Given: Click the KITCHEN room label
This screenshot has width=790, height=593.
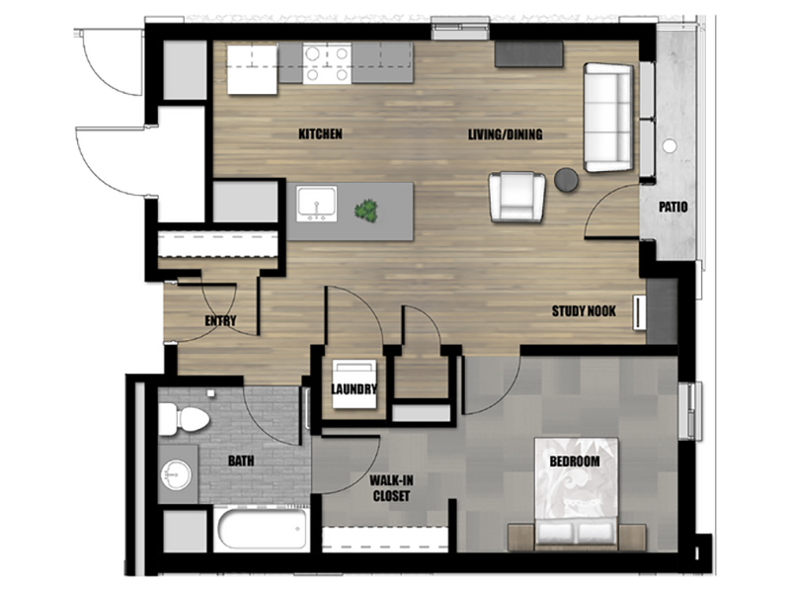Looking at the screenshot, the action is coord(320,134).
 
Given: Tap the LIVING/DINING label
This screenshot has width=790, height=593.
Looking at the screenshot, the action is coord(506,134).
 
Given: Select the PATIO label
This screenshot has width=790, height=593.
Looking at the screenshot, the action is coord(673,207).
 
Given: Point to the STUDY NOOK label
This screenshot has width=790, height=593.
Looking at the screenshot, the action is coord(584,311).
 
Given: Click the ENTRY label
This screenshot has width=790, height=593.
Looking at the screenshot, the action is coord(220,320).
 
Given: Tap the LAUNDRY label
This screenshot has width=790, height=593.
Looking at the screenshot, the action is coord(355,388).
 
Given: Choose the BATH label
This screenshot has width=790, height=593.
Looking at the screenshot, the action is coord(241,461).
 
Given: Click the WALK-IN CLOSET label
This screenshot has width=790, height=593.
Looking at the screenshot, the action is coord(391,487).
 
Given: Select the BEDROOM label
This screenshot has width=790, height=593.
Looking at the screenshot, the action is coord(575,461).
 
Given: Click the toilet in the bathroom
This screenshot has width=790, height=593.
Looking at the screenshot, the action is coord(183,418).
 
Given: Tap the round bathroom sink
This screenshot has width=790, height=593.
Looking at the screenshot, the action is coord(176,474).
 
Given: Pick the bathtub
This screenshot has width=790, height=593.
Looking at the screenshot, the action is coord(262,529).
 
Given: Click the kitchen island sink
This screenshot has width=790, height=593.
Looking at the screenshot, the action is coord(316,204).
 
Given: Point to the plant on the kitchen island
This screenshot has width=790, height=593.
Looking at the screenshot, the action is coord(366,211).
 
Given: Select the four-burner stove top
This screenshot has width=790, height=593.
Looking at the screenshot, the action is coord(327,63).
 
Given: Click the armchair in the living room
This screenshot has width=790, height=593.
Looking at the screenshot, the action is coord(516,197).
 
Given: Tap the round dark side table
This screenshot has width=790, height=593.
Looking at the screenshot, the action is coord(567,180).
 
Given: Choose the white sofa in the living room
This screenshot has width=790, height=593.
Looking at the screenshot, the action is coord(608,117).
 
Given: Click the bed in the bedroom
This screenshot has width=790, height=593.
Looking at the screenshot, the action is coord(577,493).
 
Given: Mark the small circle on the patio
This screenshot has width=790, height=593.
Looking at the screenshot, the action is coord(670,146).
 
